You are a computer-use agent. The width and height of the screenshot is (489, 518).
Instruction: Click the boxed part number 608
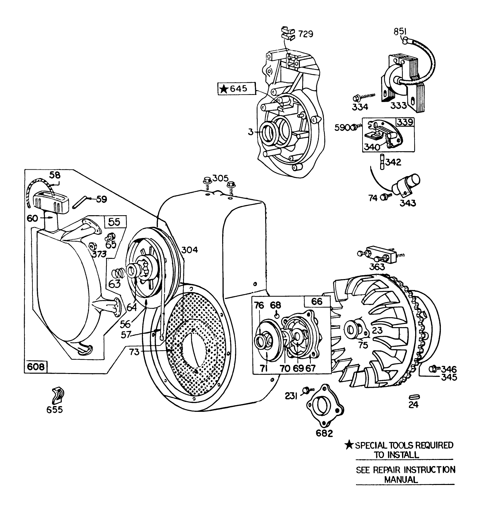[x=36, y=366]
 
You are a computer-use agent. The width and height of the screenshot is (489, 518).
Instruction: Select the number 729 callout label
[x=305, y=34]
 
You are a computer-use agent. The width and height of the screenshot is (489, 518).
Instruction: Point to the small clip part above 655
[x=57, y=395]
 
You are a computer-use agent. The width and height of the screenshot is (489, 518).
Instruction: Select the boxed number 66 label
[x=317, y=301]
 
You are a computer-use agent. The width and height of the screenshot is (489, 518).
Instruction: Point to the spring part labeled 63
[x=118, y=273]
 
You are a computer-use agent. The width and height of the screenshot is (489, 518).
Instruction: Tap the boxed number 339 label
[x=405, y=122]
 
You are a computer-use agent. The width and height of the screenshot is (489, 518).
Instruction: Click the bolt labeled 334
[x=355, y=97]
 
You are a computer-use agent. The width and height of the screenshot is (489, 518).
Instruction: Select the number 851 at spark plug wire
[x=401, y=31]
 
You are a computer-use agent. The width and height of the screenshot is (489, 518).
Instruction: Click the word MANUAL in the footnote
[x=401, y=480]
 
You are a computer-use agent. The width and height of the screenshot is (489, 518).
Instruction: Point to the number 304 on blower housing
[x=190, y=250]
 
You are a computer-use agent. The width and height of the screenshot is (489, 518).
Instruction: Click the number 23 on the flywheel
[x=378, y=330]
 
